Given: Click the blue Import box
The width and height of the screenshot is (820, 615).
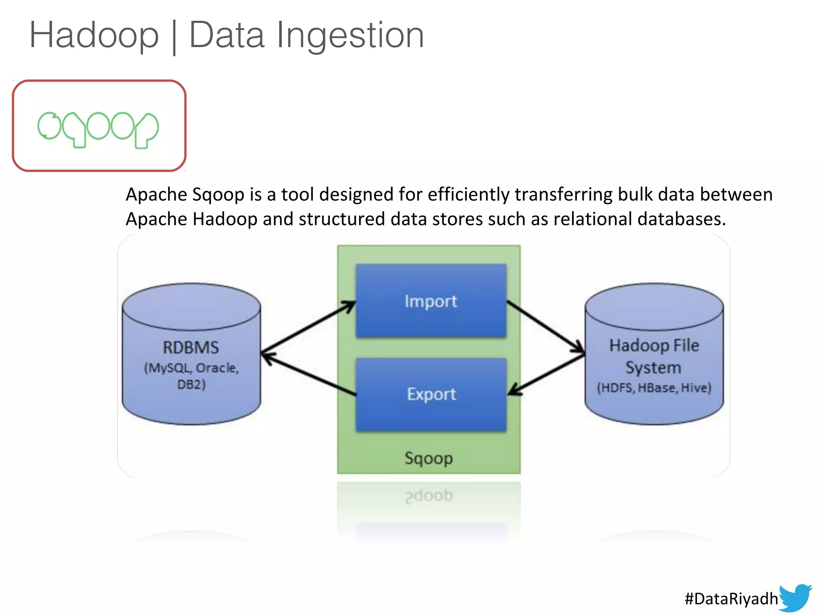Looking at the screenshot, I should (431, 301).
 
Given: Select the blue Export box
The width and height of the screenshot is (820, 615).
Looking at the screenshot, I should (431, 395).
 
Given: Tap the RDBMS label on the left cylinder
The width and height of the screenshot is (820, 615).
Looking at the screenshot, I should (191, 348).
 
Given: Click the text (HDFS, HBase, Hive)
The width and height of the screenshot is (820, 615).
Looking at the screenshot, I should (654, 388).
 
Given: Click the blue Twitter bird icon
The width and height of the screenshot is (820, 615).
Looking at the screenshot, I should (795, 597).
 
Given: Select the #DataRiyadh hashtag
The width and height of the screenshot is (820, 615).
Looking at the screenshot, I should (731, 599).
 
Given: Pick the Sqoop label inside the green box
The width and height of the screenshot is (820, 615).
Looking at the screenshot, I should (428, 458).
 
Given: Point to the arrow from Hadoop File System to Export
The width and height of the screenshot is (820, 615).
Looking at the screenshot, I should (546, 375).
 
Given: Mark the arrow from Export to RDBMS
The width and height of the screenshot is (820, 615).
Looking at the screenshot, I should (308, 375).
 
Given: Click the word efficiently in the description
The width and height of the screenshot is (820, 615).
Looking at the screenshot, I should (468, 195).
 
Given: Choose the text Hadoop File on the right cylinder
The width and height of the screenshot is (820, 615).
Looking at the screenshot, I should (654, 345).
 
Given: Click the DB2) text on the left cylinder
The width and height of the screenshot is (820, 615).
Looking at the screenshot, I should (191, 384).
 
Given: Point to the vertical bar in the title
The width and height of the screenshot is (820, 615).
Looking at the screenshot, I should (174, 37).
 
